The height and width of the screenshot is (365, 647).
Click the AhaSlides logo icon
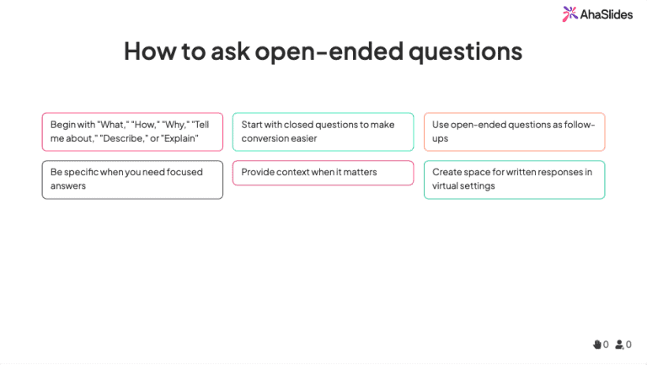570,13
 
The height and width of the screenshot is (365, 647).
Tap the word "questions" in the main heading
465,51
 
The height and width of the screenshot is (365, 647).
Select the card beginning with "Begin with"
132,132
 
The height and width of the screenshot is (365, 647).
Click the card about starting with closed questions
323,132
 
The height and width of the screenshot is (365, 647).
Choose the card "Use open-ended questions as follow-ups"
514,132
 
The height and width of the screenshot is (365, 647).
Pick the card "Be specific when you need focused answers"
132,180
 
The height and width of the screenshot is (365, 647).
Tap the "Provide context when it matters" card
323,173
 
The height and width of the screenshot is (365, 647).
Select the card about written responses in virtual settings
514,180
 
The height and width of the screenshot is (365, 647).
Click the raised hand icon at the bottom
596,344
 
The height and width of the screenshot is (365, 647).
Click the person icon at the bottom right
619,344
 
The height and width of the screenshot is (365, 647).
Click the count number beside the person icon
628,344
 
